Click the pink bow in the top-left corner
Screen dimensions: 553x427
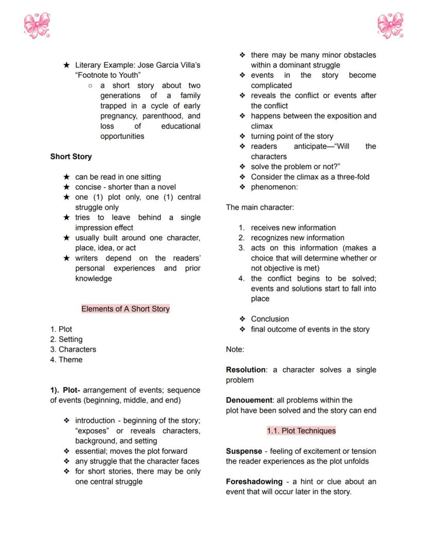point(37,26)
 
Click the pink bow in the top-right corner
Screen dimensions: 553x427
point(390,26)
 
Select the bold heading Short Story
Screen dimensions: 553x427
point(71,156)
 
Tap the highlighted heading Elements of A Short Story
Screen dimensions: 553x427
point(125,309)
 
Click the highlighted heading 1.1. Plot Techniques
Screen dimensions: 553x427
point(301,431)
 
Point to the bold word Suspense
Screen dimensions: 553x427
point(243,451)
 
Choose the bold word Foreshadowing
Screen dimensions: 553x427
point(254,482)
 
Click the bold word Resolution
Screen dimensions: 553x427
point(245,370)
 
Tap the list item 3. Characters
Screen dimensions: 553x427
point(73,350)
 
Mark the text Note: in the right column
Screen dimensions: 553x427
point(235,350)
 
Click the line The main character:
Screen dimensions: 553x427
point(260,208)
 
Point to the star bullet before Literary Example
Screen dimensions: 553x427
point(66,66)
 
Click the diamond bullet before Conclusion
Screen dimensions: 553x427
point(242,319)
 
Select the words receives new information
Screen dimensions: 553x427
point(293,228)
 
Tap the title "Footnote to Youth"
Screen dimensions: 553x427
point(108,75)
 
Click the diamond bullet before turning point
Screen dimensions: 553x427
point(242,136)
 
